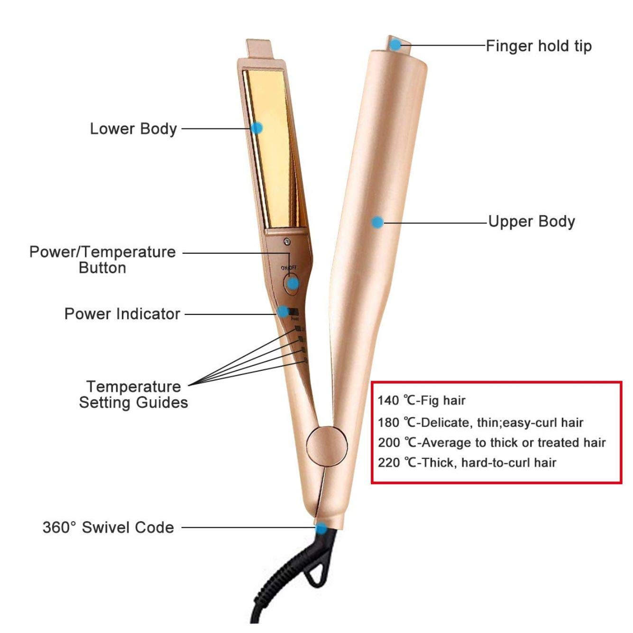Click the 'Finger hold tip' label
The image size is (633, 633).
[539, 46]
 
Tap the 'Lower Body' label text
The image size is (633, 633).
[133, 128]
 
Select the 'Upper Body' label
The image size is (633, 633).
[532, 221]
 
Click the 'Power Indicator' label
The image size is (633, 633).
[122, 313]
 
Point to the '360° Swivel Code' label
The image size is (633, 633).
[108, 527]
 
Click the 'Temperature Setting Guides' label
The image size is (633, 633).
[133, 394]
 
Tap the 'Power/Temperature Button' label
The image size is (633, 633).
[102, 259]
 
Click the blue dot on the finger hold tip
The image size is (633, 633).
[395, 45]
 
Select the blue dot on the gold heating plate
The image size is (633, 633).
[257, 128]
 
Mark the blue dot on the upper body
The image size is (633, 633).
[377, 222]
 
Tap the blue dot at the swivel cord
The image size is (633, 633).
[321, 528]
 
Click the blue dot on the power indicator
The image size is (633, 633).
[283, 312]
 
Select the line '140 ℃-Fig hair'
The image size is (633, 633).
[422, 401]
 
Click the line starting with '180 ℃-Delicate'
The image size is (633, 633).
[480, 422]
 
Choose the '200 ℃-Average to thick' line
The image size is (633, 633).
[492, 442]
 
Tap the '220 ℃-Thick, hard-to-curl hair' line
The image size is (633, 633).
[467, 462]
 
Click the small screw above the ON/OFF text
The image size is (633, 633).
[286, 242]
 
